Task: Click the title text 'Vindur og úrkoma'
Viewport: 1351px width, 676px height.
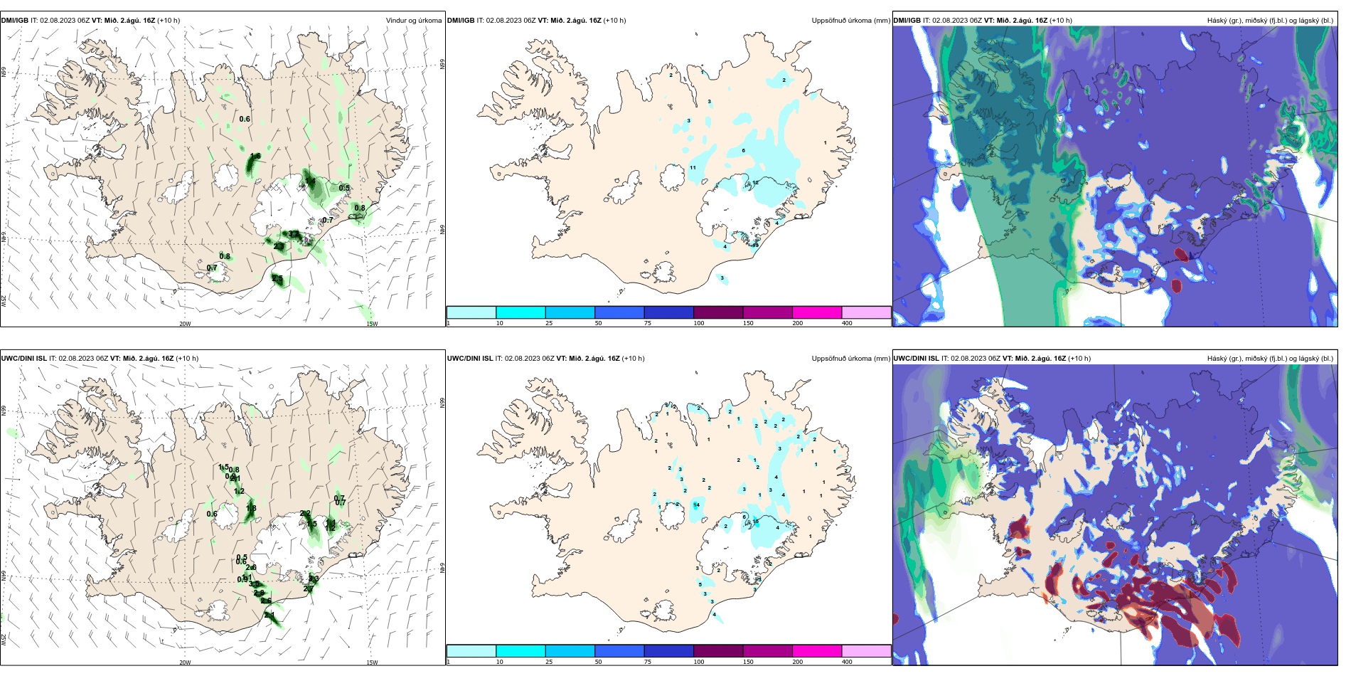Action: point(413,21)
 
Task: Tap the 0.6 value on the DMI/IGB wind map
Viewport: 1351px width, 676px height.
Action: point(245,119)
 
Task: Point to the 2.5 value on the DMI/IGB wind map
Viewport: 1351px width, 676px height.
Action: point(277,279)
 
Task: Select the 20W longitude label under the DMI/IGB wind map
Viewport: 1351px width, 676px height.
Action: point(185,324)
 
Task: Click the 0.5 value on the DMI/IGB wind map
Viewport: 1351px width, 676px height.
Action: point(344,188)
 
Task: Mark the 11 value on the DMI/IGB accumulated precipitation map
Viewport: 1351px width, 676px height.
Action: point(693,168)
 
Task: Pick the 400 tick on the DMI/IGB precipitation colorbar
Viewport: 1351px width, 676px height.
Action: point(847,323)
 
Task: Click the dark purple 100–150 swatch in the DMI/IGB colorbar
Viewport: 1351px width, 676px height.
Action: point(718,312)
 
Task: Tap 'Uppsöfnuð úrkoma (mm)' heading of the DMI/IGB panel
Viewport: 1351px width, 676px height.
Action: point(850,21)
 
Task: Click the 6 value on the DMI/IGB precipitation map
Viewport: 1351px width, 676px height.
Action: point(744,150)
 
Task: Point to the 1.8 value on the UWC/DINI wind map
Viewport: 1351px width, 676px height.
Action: point(251,508)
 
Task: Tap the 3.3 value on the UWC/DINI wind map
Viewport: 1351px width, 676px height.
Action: point(314,579)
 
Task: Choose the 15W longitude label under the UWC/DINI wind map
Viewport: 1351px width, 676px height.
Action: point(372,662)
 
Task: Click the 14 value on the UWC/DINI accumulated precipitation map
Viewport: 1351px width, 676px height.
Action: point(697,505)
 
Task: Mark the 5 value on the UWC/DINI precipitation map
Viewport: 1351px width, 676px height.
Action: point(700,584)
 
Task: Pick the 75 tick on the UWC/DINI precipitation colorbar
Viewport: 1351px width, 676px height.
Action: point(648,662)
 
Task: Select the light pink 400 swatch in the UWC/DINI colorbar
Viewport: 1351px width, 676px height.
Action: point(866,651)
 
